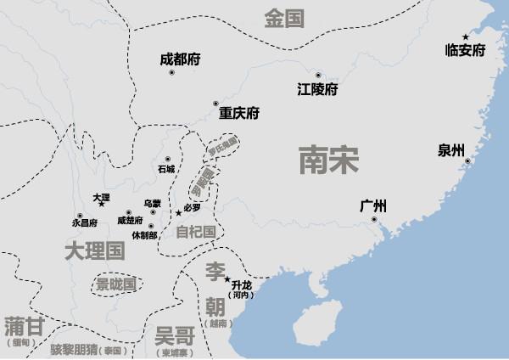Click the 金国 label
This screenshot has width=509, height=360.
point(284,19)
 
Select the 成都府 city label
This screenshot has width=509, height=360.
point(180,60)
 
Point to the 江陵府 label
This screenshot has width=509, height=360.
point(318,89)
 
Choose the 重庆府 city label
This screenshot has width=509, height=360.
point(238,113)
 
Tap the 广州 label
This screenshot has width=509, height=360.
point(373,205)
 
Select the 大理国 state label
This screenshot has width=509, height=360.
point(94,250)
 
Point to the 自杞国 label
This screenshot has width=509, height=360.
point(195,231)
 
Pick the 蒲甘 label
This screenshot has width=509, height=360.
point(23,327)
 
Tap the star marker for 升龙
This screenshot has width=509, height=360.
point(227,279)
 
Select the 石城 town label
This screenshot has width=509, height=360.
point(165,169)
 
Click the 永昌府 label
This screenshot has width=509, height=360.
point(86,222)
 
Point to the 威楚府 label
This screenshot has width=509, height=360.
point(131,221)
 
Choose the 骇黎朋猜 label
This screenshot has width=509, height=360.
point(74,350)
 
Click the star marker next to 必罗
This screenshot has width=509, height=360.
point(177,212)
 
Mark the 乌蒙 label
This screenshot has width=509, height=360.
point(152,203)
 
